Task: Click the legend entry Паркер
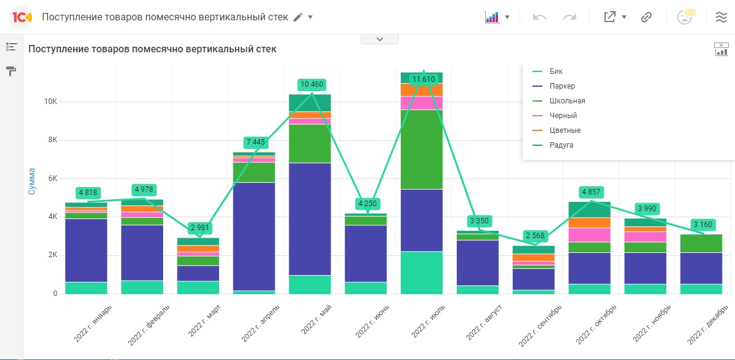coord(562,86)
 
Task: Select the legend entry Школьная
coord(567,101)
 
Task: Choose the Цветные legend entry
coord(564,130)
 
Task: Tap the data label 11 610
coord(424,79)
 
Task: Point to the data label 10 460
coord(311,84)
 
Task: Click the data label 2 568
coord(536,236)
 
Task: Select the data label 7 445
coord(255,143)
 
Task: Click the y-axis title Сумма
coord(32,182)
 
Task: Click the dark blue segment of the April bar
coord(254,236)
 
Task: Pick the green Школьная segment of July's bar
coord(422,150)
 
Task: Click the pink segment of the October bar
coord(590,235)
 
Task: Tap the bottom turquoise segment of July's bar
coord(422,273)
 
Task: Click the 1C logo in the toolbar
coord(21,17)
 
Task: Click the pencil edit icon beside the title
coord(298,17)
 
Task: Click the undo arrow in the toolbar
coord(540,17)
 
